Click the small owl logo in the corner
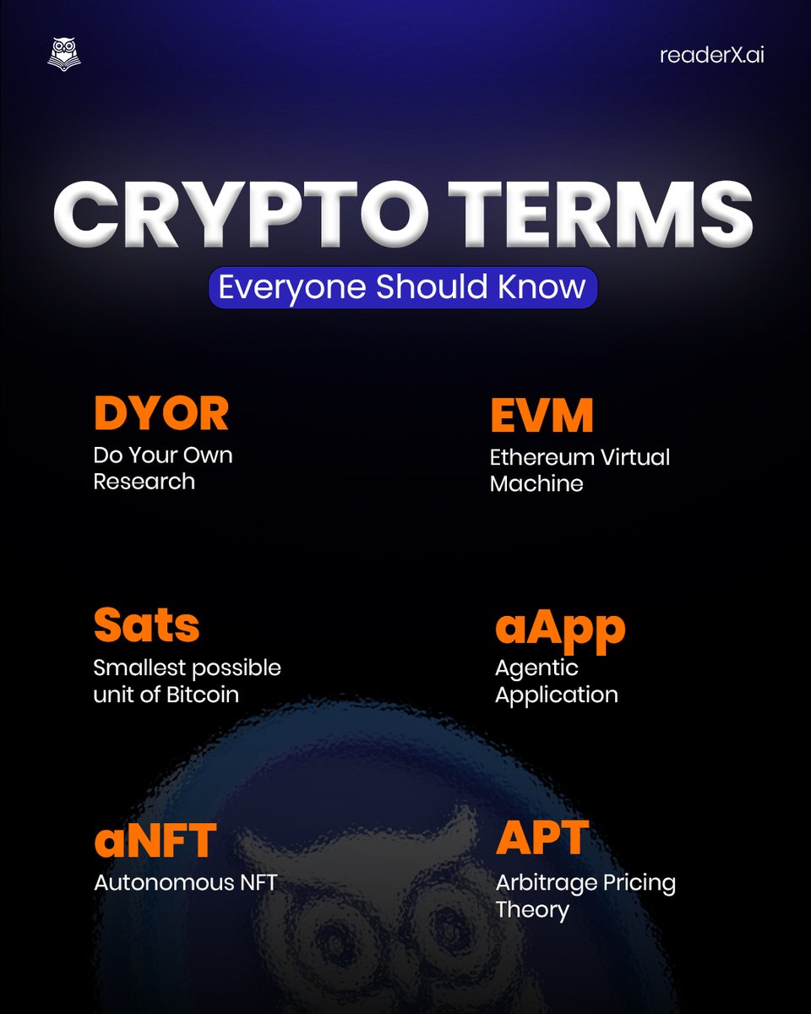(64, 55)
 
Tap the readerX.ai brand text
(711, 55)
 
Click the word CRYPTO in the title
(241, 215)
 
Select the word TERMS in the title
(601, 215)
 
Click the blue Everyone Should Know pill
(403, 287)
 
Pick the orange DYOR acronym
(161, 413)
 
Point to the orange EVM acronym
(542, 415)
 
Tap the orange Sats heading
(146, 624)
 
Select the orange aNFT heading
(155, 841)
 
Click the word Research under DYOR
(144, 482)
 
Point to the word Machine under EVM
(536, 484)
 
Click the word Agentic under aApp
(536, 669)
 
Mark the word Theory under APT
(532, 911)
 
